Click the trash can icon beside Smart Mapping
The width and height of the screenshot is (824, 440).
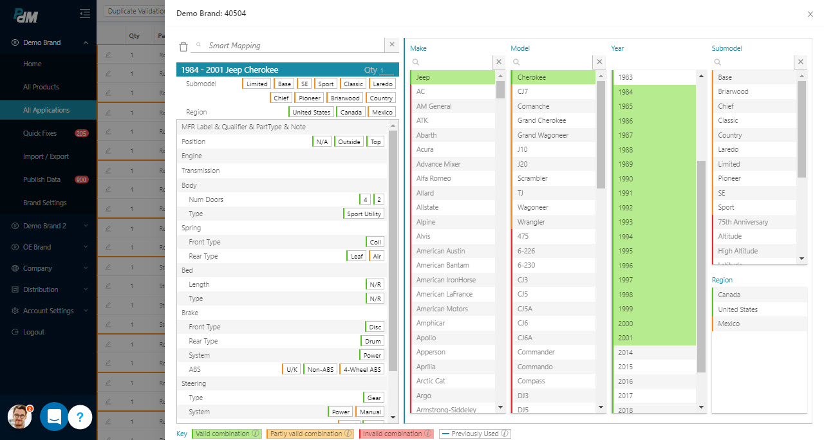[183, 46]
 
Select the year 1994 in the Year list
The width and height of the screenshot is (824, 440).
[626, 236]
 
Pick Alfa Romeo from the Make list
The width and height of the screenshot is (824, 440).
[433, 178]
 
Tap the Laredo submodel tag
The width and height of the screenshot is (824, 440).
[382, 84]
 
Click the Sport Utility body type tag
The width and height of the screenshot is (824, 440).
[364, 214]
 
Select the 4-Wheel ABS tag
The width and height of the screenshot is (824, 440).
[362, 369]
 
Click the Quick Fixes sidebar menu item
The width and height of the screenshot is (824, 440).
[40, 133]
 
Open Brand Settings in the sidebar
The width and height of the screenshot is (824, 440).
[45, 203]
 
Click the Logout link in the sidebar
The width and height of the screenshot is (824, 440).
[33, 332]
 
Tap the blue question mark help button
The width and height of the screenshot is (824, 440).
[80, 417]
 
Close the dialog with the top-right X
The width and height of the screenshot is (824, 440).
[810, 14]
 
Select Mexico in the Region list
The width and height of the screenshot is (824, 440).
[729, 324]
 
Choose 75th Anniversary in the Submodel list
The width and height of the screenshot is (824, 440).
[743, 222]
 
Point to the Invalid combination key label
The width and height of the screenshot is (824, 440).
[393, 434]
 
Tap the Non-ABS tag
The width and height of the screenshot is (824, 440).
[320, 369]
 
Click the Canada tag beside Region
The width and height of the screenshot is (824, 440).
[351, 112]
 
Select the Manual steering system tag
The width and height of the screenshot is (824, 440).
[370, 412]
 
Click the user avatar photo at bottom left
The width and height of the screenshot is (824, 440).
[20, 417]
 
